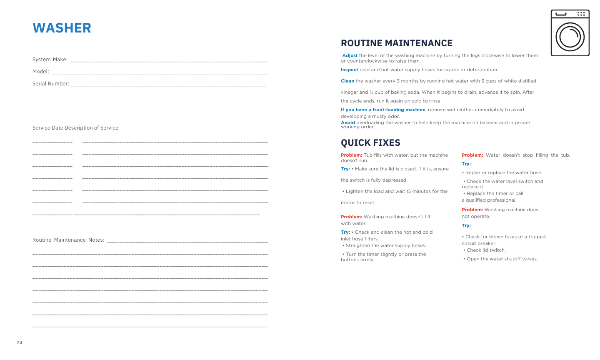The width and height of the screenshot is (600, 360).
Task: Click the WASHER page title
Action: [62, 28]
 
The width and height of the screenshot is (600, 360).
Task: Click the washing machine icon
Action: [570, 33]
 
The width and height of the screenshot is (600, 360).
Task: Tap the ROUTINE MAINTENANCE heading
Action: [397, 43]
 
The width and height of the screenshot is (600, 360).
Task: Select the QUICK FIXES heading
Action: [370, 143]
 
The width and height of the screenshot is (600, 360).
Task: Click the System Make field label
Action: [50, 60]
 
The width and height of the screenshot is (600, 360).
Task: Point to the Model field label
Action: [41, 72]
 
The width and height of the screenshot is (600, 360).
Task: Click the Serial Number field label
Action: [51, 84]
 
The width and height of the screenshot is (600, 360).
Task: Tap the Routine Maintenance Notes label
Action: [68, 240]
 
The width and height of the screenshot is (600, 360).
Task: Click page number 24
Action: [20, 342]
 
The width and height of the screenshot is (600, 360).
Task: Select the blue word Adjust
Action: [350, 55]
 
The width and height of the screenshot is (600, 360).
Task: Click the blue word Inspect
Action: [350, 70]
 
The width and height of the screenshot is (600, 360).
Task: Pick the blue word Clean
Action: [347, 81]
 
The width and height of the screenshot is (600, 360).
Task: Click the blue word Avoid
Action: [348, 122]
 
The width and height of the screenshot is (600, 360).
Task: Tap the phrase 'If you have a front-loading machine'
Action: [383, 110]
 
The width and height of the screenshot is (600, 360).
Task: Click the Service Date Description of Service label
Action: [75, 128]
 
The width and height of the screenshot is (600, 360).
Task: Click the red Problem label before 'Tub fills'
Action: [351, 155]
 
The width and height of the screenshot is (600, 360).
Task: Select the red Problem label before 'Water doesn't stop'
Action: [472, 155]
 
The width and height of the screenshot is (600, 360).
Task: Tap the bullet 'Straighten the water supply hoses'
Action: [385, 245]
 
